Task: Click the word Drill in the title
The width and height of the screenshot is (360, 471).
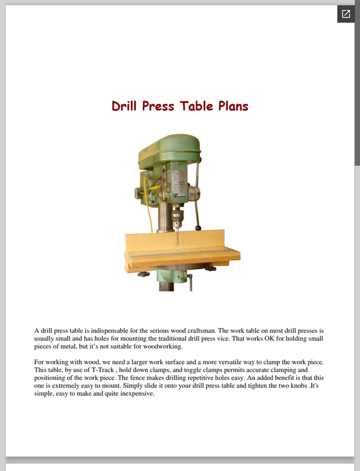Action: click(124, 106)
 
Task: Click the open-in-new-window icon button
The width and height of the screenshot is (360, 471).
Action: click(346, 14)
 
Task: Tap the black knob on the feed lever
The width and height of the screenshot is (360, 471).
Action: click(198, 228)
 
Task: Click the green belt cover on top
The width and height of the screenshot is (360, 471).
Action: click(170, 150)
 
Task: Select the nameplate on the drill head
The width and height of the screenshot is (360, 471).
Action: click(179, 183)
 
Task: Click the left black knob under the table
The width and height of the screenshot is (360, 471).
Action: click(144, 274)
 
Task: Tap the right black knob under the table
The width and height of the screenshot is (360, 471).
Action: click(211, 268)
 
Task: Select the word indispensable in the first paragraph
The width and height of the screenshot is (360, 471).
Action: click(110, 331)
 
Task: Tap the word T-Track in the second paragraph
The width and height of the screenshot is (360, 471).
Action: click(103, 370)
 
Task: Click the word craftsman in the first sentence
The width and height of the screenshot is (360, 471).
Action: click(202, 331)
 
